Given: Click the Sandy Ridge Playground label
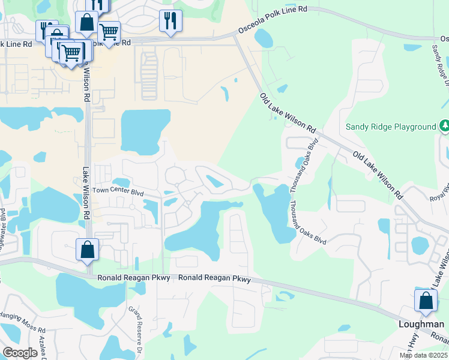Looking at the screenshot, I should point(390,127).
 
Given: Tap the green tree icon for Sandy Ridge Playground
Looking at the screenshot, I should point(444,127).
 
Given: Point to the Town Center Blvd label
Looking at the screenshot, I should point(118,193).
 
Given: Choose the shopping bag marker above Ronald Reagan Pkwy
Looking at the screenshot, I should point(87,249).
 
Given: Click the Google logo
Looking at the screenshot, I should point(20,352).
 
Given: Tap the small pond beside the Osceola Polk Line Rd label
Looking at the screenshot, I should point(263,38).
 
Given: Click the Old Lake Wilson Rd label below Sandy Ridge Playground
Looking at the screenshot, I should point(378,175).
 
